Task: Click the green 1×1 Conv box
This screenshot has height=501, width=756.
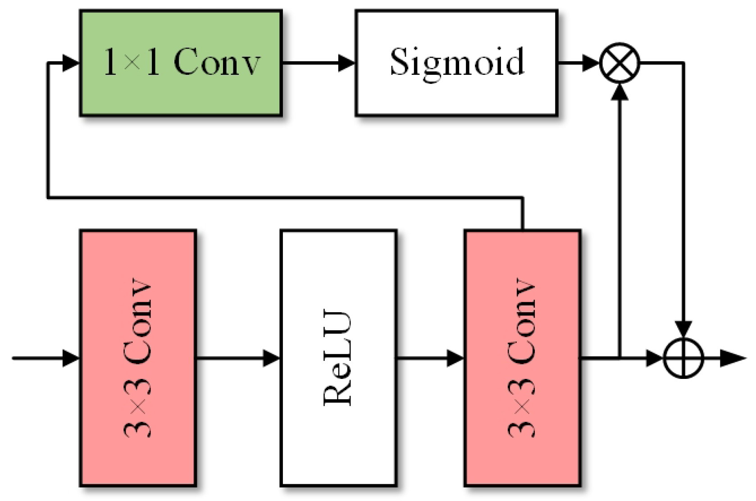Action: [x=181, y=63]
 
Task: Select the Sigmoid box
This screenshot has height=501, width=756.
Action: [x=456, y=63]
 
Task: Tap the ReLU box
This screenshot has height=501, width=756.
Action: [x=338, y=358]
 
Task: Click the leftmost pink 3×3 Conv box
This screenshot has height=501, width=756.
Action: [x=138, y=358]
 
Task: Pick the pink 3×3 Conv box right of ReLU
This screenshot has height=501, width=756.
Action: [x=522, y=358]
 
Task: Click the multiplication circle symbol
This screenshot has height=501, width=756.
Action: [x=620, y=63]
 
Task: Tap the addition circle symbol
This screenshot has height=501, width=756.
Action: [x=684, y=359]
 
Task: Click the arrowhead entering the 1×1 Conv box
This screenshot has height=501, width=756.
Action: [x=71, y=63]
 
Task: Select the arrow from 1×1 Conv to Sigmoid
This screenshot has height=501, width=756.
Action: [x=318, y=63]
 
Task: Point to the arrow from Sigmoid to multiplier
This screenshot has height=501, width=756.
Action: [x=579, y=63]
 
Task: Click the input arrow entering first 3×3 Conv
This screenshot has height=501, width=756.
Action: [x=45, y=358]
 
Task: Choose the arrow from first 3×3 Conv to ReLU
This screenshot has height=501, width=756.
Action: [x=238, y=358]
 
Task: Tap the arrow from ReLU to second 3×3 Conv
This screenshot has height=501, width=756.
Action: [x=430, y=358]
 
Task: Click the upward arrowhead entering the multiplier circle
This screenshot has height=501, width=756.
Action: [x=620, y=92]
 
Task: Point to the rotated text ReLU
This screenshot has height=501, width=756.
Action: [x=337, y=358]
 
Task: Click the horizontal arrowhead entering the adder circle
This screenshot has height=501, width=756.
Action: [x=655, y=358]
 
